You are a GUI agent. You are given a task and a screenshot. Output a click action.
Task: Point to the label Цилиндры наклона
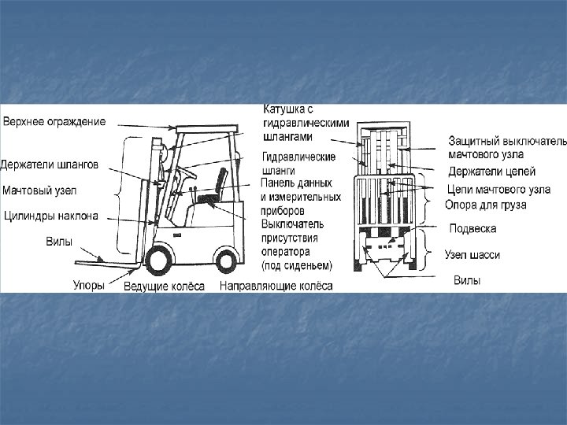[50, 214]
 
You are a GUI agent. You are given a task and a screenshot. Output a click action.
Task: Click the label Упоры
[88, 286]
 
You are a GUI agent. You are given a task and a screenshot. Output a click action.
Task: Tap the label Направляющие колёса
[276, 286]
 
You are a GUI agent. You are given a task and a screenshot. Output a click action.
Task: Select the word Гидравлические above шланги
[298, 157]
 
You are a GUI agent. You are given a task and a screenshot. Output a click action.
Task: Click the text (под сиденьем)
[297, 264]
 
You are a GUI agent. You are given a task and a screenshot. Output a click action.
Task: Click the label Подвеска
[472, 229]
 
